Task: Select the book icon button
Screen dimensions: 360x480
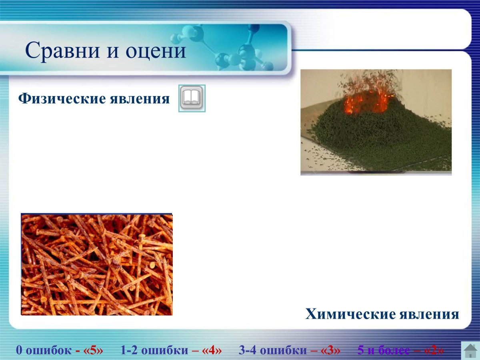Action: (x=192, y=98)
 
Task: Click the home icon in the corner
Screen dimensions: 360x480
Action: (x=470, y=350)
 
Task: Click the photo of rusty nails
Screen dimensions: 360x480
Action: (x=97, y=264)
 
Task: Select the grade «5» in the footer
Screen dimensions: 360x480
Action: (x=94, y=350)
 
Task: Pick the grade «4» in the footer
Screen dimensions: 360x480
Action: (x=212, y=350)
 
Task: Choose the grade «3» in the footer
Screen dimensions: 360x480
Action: (x=331, y=350)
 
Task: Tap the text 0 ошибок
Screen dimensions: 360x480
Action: (x=44, y=350)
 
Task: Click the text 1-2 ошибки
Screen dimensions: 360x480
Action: (x=154, y=350)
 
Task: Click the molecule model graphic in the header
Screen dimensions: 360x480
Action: (x=236, y=48)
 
